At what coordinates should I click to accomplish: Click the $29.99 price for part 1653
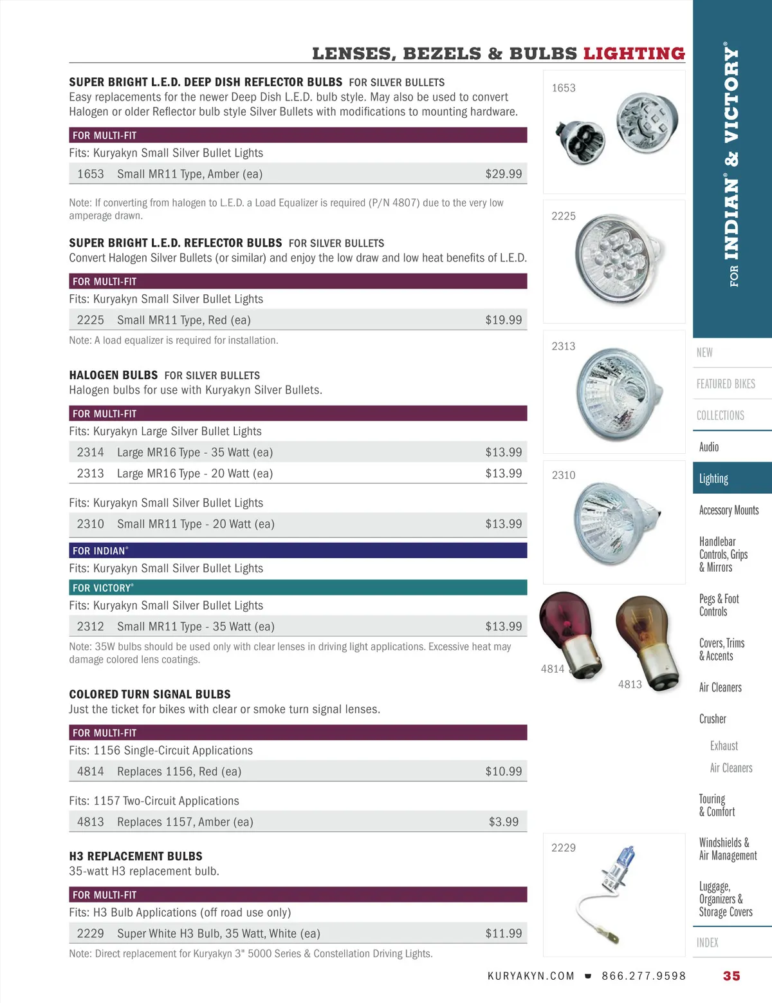point(503,174)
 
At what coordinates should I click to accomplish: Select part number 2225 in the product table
point(90,320)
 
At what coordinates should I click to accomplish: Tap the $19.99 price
point(503,320)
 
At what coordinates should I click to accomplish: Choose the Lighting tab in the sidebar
point(713,478)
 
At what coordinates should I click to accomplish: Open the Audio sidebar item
point(709,447)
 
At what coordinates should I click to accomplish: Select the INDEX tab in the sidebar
point(707,942)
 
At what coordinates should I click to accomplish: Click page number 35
point(731,976)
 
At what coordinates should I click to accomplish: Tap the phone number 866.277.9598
point(643,976)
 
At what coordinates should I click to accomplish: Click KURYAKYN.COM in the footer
point(531,976)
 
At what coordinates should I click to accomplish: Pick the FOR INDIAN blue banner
point(298,550)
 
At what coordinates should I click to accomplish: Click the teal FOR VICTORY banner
point(298,588)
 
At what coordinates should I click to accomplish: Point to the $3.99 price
point(503,821)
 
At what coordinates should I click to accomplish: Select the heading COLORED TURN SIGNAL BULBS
point(150,694)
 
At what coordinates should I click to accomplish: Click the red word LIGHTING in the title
point(634,53)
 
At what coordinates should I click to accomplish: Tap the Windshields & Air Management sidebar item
point(728,848)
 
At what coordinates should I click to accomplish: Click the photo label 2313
point(563,346)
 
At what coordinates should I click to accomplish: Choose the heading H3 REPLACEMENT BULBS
point(136,856)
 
